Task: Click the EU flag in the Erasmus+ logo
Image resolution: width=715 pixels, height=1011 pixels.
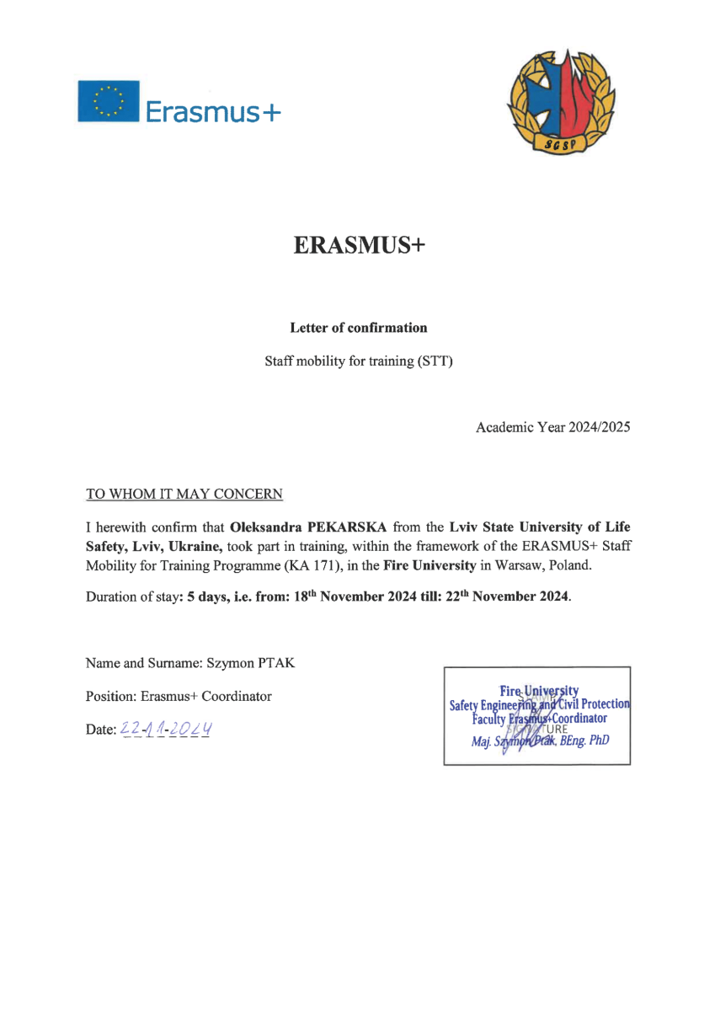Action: [108, 100]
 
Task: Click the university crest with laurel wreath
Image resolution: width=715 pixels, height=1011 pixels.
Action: [559, 102]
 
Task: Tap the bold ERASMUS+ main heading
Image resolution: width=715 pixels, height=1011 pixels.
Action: [359, 245]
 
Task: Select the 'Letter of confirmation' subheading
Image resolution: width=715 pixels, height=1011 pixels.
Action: [358, 328]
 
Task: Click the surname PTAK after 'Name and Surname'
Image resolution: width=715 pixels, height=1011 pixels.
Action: [276, 663]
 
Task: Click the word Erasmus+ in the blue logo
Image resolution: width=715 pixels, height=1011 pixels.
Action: [211, 110]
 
